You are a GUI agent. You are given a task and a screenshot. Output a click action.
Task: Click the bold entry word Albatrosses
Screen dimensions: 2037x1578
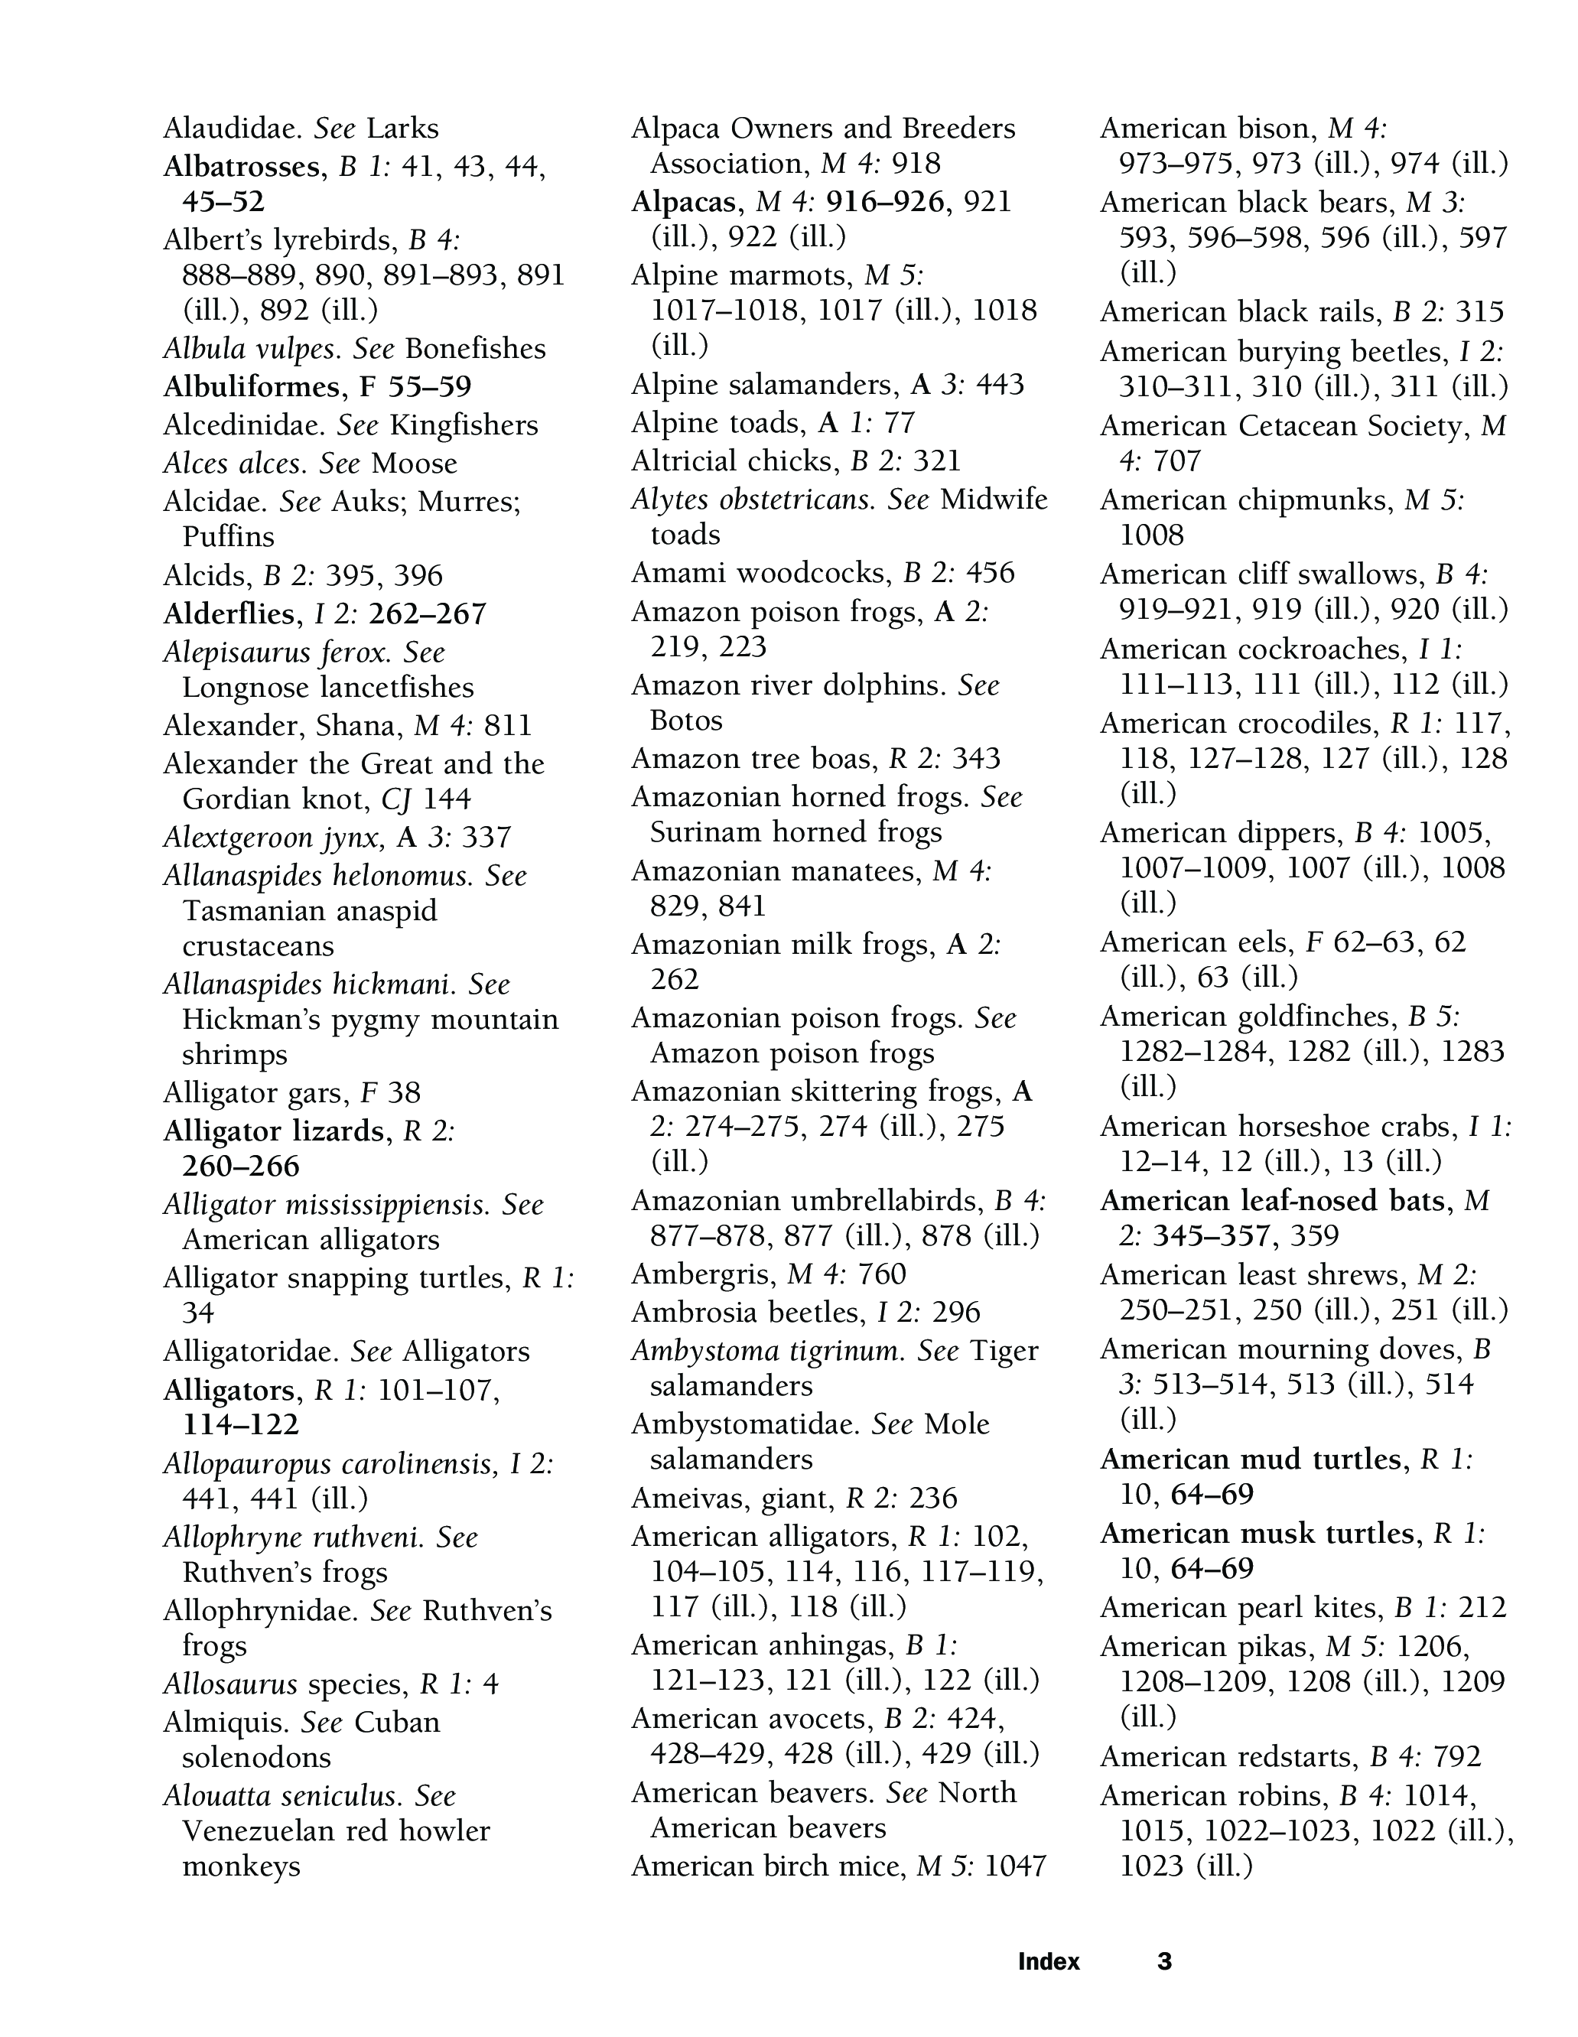242,167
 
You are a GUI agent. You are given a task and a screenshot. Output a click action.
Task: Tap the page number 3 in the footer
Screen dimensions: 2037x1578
1164,1961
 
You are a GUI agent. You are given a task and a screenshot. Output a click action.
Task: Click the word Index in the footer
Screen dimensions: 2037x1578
1048,1961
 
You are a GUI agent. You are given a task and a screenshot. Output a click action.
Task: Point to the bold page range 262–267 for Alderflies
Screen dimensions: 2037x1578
428,613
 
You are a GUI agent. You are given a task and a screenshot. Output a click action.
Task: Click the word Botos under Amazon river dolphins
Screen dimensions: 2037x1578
686,721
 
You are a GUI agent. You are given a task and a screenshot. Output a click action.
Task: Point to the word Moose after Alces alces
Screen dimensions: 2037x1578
414,464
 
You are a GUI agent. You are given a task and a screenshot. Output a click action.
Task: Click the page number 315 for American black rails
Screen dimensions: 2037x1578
1479,311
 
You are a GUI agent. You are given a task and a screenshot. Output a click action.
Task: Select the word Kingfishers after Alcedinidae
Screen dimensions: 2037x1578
464,425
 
